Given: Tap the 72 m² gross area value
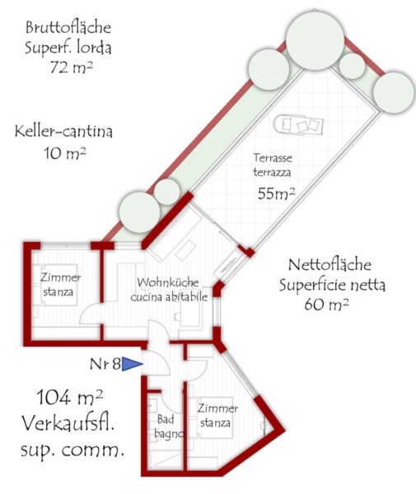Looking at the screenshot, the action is point(72,68).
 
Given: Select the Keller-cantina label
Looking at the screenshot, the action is point(63,132).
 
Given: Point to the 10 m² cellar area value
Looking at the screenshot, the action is point(65,153).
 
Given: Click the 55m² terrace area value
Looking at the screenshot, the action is point(277,193).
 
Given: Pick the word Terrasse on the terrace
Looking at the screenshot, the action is point(273,157).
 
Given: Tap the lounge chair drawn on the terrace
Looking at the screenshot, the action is point(298,125).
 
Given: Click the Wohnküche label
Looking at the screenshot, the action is point(168,282).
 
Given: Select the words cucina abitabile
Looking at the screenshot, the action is point(169,296).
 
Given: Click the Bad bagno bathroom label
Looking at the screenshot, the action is point(169,426).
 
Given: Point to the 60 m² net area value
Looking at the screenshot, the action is point(326,305).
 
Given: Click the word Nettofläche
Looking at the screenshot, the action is point(330,265).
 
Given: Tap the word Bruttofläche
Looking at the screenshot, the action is point(68,27).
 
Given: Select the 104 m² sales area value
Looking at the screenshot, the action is point(70,398).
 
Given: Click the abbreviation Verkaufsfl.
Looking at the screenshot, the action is point(68,423).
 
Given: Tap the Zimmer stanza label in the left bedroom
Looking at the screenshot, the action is point(60,285).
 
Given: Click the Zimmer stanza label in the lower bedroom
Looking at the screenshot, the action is point(217,415).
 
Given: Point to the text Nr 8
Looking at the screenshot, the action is point(105,364).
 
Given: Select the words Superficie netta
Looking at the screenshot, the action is point(332,285).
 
